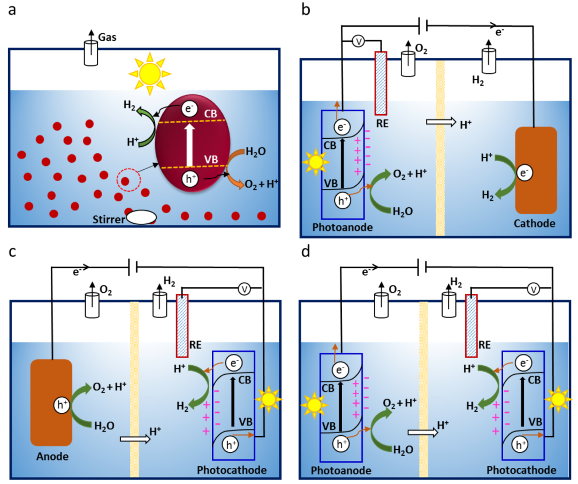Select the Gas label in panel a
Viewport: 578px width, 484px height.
pyautogui.click(x=108, y=37)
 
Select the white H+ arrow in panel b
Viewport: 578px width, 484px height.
pyautogui.click(x=439, y=122)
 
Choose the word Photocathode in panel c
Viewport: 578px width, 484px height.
pyautogui.click(x=232, y=470)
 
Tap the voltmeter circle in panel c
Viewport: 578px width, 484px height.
pyautogui.click(x=245, y=290)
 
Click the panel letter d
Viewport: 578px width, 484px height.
pyautogui.click(x=306, y=251)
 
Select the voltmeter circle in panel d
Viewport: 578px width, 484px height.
pyautogui.click(x=533, y=290)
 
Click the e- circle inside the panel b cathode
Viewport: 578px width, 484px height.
pyautogui.click(x=524, y=173)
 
